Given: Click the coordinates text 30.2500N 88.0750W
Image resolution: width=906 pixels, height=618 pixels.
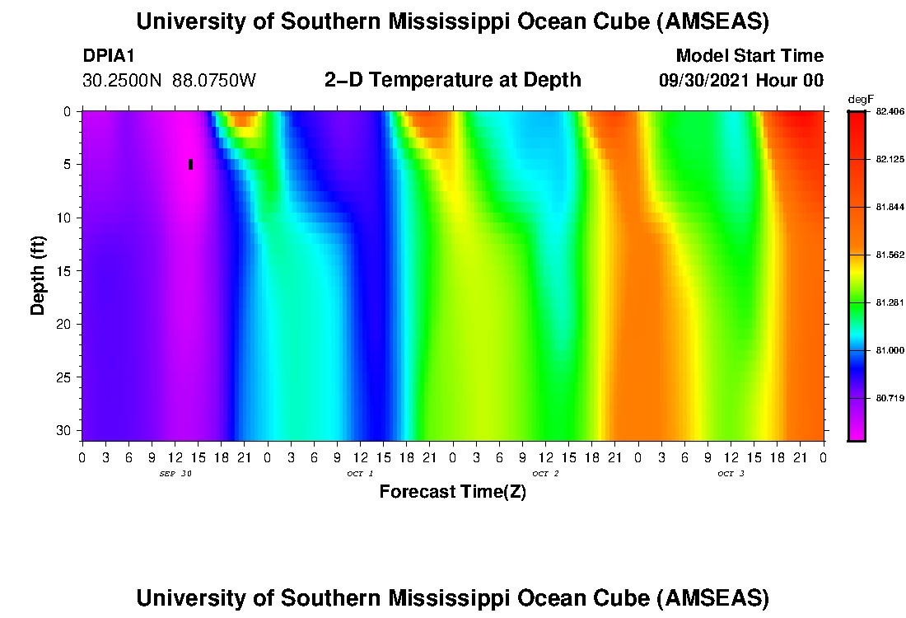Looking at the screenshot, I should tap(170, 80).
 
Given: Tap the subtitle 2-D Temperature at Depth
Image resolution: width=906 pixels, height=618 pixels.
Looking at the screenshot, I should tap(453, 80).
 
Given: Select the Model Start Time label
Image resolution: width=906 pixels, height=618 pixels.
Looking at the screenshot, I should tap(750, 56).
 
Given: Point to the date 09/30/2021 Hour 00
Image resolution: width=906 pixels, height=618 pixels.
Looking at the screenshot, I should tap(741, 80).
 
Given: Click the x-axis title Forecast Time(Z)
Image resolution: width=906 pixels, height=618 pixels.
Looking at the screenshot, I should tap(452, 492).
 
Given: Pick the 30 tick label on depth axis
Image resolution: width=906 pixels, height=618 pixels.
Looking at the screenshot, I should tap(65, 431).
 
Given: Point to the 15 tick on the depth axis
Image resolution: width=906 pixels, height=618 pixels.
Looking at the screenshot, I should tap(65, 271).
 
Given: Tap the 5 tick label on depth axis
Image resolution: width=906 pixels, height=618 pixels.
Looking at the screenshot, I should tap(69, 164).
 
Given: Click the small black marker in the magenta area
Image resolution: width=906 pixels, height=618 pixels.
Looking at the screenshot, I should tap(190, 164).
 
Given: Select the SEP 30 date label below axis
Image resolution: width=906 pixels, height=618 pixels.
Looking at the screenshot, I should tap(175, 474).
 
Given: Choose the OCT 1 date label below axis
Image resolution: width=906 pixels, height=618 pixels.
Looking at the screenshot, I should tap(360, 474).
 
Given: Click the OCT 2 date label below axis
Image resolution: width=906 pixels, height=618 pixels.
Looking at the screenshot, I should tap(545, 474).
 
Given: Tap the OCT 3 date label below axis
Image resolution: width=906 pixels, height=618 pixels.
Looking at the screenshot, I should tap(731, 474).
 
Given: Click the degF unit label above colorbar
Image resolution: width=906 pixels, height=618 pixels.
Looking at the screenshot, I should tap(861, 99).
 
